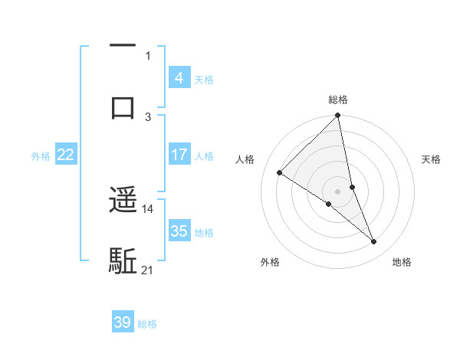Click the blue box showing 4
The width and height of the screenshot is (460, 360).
click(x=179, y=78)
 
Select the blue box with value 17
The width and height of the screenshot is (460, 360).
click(x=179, y=155)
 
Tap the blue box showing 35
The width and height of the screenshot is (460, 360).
click(x=179, y=231)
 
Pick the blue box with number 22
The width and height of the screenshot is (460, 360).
click(x=65, y=155)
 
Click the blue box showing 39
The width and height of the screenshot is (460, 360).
click(x=123, y=322)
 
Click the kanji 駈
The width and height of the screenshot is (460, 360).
click(x=123, y=260)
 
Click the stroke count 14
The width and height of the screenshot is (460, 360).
click(x=148, y=208)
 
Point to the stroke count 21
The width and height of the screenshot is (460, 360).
click(x=148, y=270)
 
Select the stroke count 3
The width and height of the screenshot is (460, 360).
click(x=148, y=116)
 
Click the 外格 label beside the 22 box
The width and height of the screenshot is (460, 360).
click(x=41, y=155)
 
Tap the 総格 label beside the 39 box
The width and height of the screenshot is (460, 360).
click(x=147, y=324)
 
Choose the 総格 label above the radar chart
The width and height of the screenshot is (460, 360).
click(x=338, y=100)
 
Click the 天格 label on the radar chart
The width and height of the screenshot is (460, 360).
click(x=432, y=159)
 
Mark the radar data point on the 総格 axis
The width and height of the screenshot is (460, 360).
click(x=338, y=116)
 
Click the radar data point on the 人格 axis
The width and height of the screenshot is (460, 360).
click(x=280, y=172)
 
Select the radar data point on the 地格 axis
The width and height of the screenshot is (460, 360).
click(x=374, y=242)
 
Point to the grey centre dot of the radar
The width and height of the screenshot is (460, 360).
click(x=338, y=191)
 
